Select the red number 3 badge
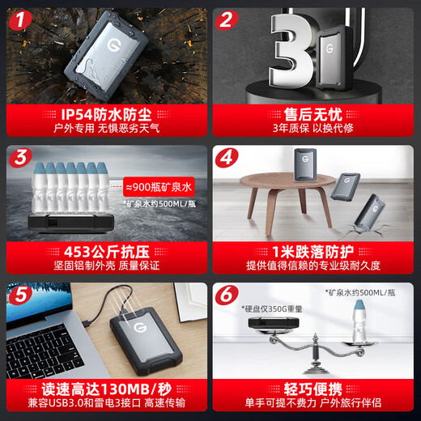tap(21, 157)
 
